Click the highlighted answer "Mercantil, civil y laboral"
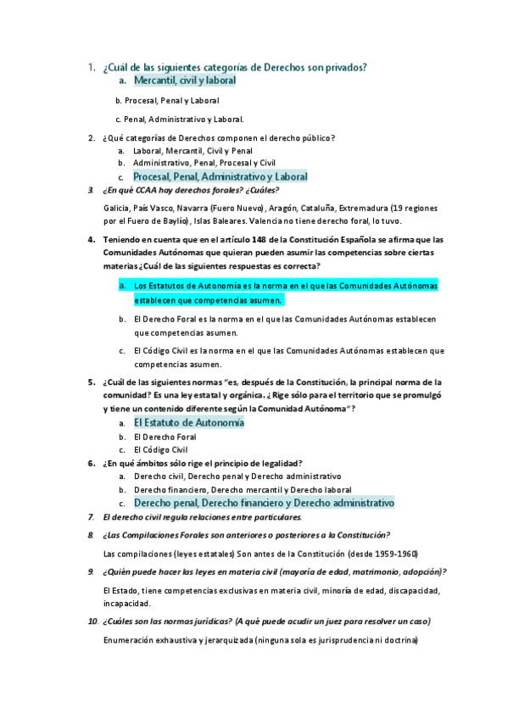pyautogui.click(x=184, y=81)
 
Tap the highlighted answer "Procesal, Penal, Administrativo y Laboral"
pyautogui.click(x=221, y=177)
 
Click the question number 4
pyautogui.click(x=91, y=240)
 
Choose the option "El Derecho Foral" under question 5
pyautogui.click(x=165, y=437)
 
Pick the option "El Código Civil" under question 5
pyautogui.click(x=161, y=449)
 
